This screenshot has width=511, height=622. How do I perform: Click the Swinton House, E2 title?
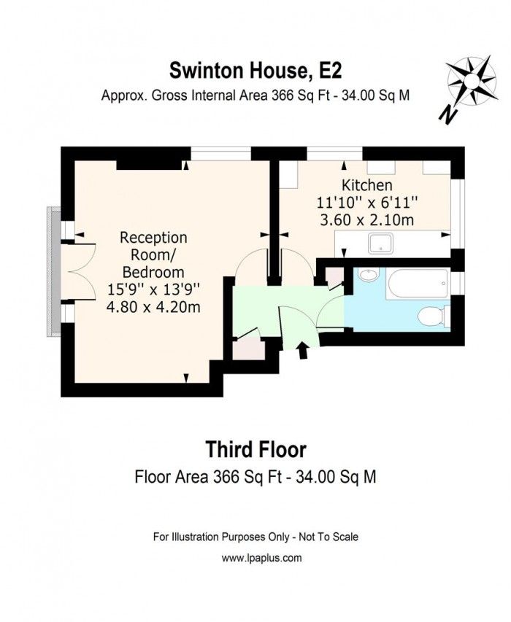point(255,71)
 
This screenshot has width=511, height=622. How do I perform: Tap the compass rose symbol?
point(471,81)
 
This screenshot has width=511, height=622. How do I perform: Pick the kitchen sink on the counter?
point(381,244)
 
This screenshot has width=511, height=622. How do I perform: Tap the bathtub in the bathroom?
point(417,284)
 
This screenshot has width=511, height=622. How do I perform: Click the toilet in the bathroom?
point(431,316)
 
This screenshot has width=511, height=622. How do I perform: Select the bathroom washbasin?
point(368,276)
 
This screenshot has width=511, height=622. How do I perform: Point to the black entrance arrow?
point(304,352)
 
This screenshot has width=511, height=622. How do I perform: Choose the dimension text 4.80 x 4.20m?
point(153,307)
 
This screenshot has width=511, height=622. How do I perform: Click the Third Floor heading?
point(255,448)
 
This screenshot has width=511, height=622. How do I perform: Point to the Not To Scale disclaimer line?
point(255,537)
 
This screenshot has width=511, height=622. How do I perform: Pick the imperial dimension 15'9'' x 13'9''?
point(153,289)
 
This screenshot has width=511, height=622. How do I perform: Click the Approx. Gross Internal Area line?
point(255,96)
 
